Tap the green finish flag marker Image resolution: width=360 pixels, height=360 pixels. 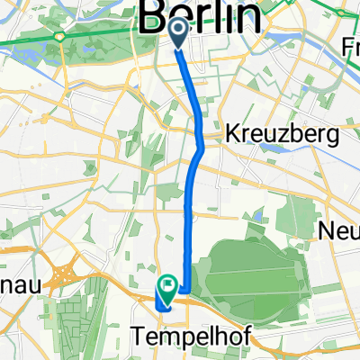pos(167,289)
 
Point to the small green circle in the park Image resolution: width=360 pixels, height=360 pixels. pos(60,37)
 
